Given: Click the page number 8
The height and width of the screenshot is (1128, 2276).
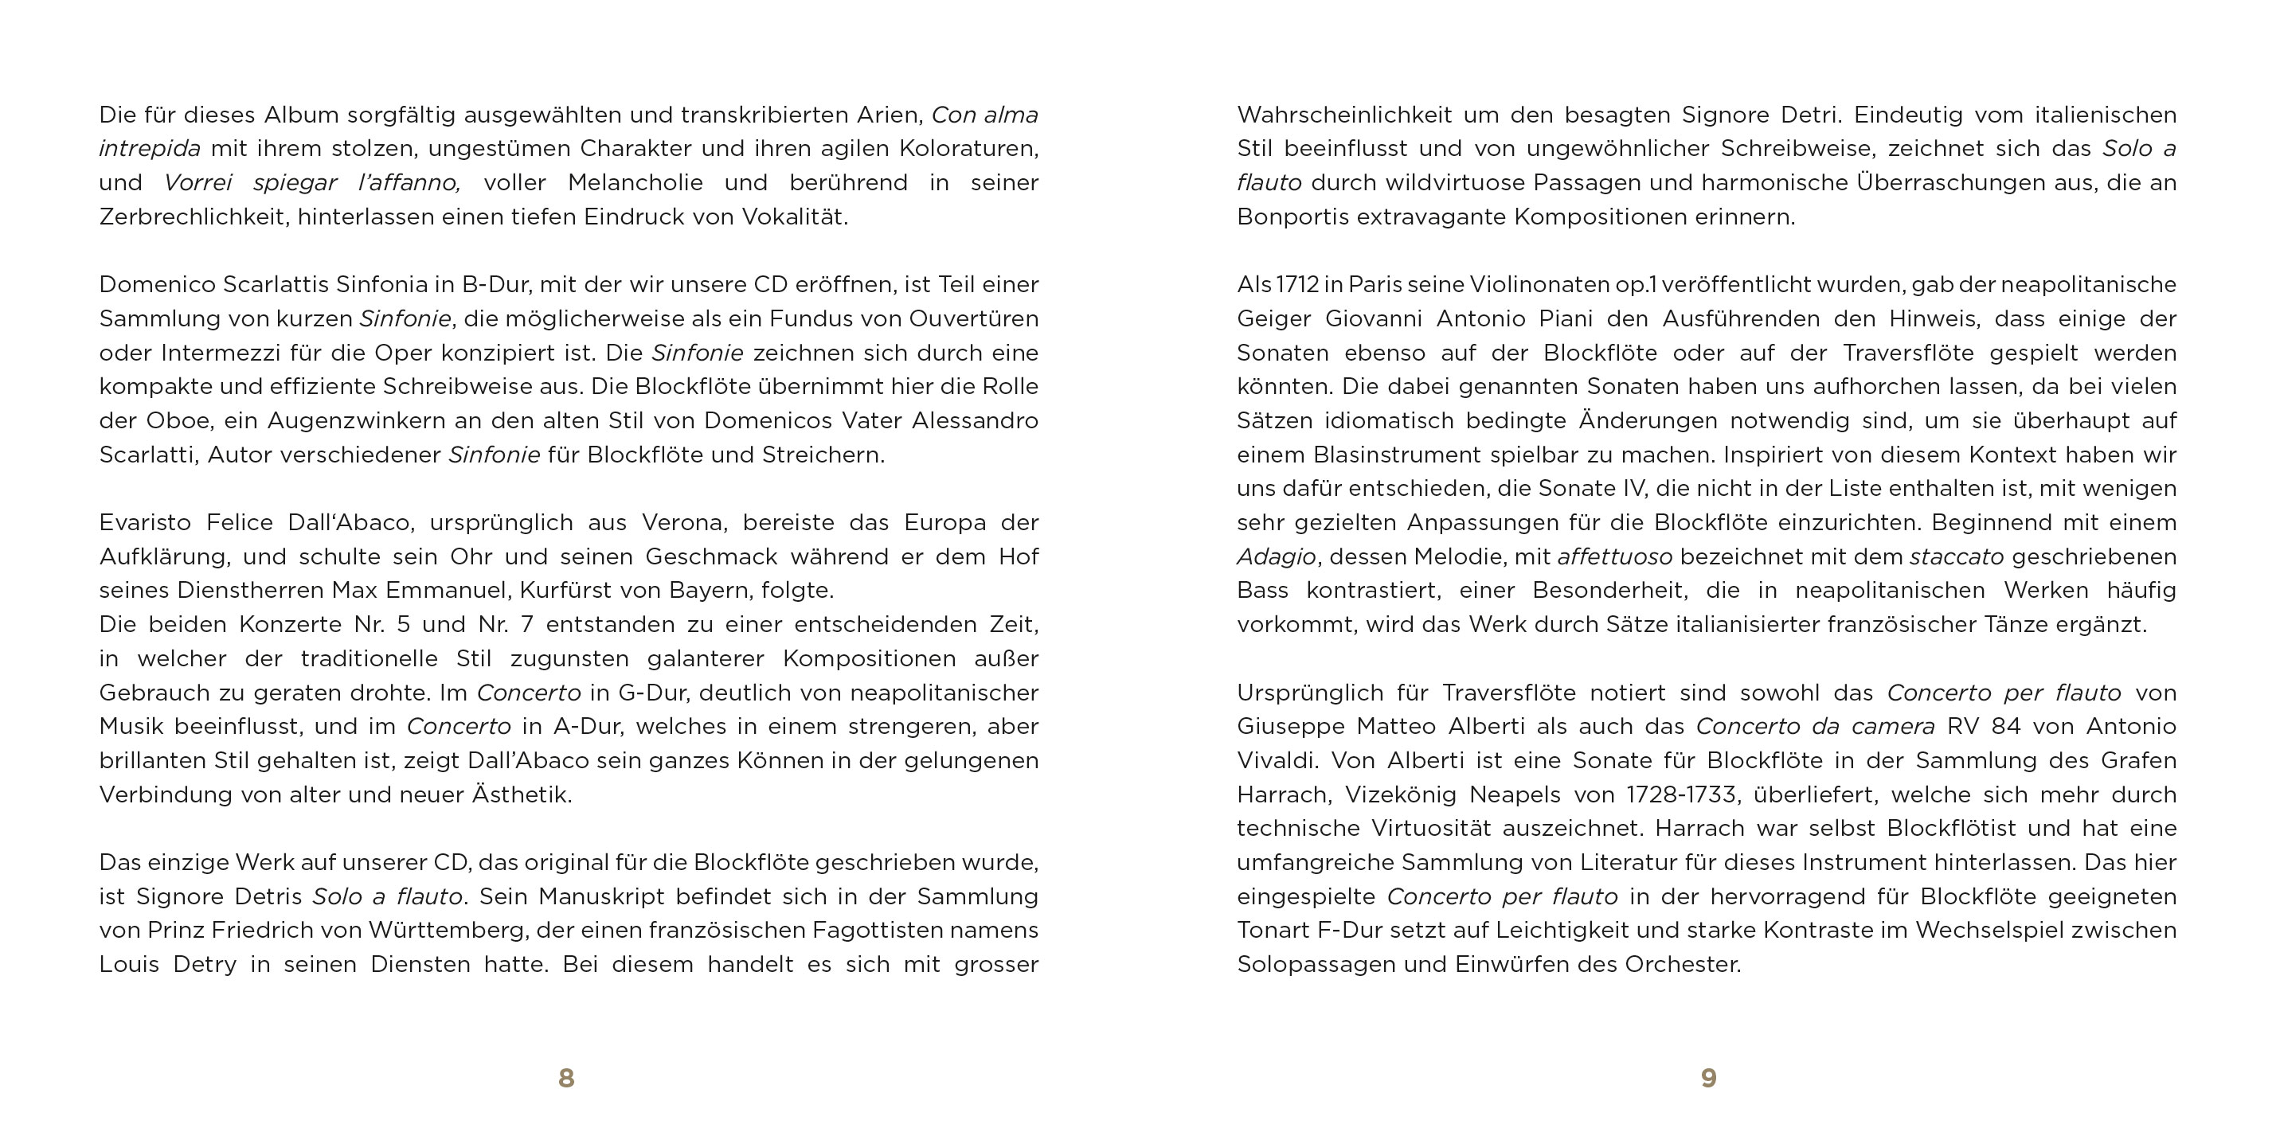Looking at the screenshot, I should point(566,1078).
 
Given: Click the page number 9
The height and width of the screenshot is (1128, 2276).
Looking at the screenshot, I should point(1709,1078).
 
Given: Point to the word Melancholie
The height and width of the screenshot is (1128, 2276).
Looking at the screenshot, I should point(635,183).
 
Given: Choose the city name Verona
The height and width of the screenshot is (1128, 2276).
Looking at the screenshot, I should point(684,523).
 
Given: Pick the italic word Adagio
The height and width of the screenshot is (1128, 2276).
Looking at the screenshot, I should point(1276,557).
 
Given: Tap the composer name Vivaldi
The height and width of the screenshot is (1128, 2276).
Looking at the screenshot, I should point(1277,760).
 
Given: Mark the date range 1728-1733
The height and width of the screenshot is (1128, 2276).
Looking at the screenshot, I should point(1681,795).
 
